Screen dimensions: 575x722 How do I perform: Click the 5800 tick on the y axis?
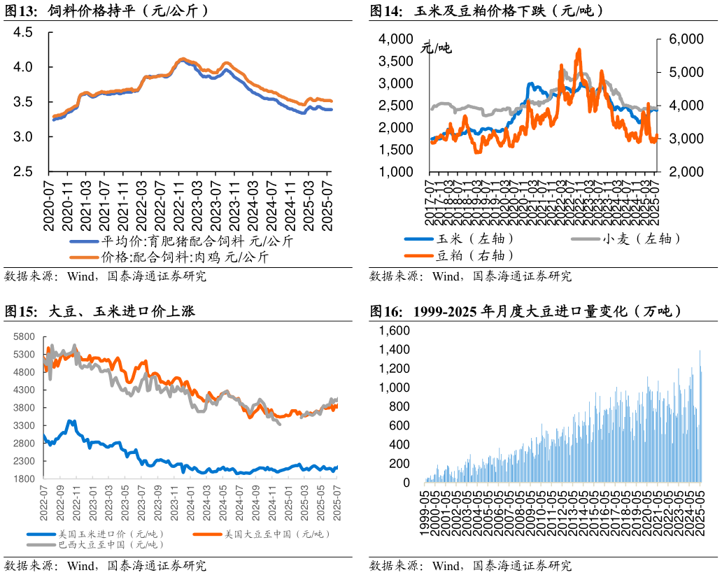click(x=23, y=336)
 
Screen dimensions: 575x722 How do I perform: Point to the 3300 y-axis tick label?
click(x=23, y=425)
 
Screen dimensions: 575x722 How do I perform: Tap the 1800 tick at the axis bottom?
click(x=23, y=479)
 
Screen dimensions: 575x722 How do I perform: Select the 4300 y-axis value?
click(x=23, y=390)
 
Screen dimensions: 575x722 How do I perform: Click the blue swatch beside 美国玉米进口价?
click(x=41, y=534)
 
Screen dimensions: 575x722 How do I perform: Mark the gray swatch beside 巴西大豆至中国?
click(x=41, y=544)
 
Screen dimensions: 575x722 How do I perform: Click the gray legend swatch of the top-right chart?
click(x=586, y=239)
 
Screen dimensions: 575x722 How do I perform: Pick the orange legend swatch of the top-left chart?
click(x=84, y=257)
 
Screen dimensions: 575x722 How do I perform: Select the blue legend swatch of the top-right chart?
click(x=418, y=239)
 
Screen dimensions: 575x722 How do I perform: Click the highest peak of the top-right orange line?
click(x=579, y=50)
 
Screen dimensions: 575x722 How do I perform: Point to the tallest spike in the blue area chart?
click(x=700, y=350)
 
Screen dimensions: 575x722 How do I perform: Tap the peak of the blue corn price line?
click(x=71, y=421)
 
